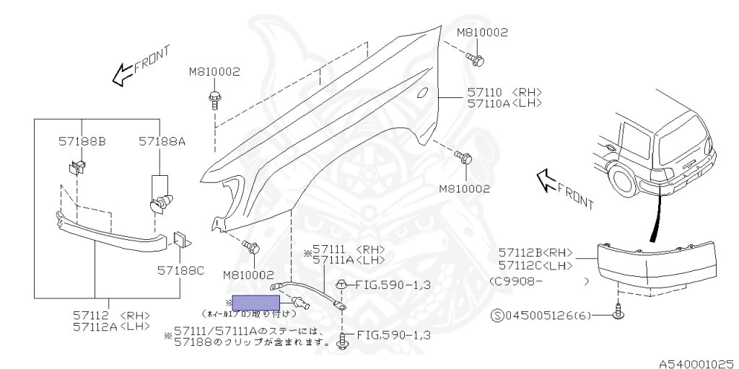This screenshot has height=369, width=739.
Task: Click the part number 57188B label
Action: (82, 142)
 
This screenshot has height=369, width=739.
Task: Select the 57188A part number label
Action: (162, 142)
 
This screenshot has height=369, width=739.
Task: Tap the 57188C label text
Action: (180, 270)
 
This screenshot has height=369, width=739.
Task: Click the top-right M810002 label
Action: (482, 32)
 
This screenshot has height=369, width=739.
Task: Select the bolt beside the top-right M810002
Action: (475, 58)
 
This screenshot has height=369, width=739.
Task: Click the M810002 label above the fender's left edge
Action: (214, 72)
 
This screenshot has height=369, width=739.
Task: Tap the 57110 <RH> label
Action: (504, 92)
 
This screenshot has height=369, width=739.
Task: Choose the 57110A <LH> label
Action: (504, 103)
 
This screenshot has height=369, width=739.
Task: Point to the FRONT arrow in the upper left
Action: (140, 63)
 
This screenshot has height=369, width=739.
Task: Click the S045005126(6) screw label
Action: (535, 314)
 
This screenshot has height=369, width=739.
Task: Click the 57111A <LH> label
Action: (349, 260)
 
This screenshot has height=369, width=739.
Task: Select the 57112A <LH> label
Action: (111, 326)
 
